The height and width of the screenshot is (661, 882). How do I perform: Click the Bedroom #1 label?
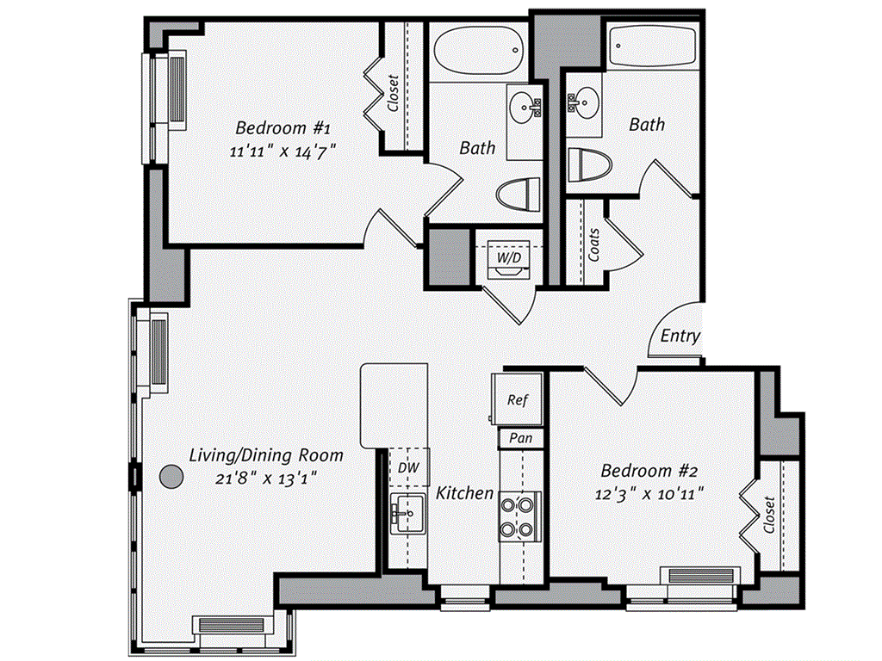[283, 127]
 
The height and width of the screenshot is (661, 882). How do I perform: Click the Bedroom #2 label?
[648, 471]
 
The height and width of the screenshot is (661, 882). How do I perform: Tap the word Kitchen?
[465, 493]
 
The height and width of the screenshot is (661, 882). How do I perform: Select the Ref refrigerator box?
[517, 399]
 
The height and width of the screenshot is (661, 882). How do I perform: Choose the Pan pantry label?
[521, 438]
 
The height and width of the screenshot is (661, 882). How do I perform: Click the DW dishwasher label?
[408, 466]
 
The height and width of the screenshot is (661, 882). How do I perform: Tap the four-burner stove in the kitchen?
[520, 515]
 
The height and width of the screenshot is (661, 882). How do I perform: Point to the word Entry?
[680, 336]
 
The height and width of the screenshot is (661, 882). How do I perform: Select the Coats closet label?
[594, 244]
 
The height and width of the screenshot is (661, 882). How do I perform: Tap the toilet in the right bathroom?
[589, 165]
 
